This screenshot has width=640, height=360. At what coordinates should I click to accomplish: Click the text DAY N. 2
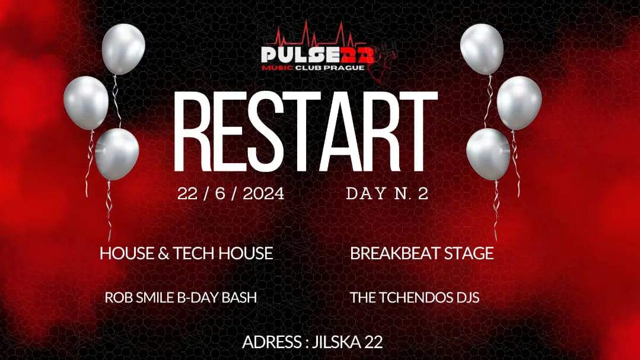point(387,194)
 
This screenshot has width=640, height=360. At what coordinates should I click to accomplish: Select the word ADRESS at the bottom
point(268,342)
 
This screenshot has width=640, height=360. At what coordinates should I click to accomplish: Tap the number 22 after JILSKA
point(374,342)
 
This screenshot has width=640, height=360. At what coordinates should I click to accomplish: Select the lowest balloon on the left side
point(117,154)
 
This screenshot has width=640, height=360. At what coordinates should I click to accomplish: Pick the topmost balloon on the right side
point(482,49)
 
